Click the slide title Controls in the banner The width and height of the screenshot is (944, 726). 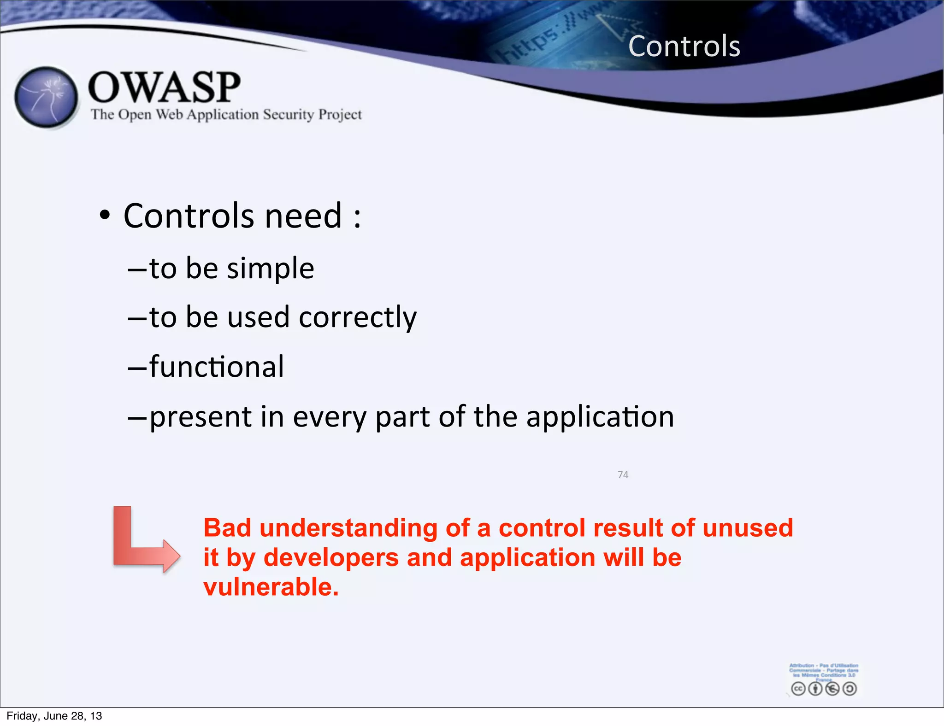(684, 47)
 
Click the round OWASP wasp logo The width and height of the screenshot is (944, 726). (46, 97)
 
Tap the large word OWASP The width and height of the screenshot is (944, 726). (164, 88)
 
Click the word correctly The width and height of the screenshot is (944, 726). (358, 318)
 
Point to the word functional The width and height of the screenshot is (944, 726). (217, 367)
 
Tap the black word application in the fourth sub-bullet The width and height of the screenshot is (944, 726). (600, 416)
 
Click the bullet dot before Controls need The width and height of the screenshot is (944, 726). (105, 215)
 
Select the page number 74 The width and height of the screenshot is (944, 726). (623, 475)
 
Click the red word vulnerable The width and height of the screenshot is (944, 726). (271, 587)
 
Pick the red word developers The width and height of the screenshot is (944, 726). (331, 558)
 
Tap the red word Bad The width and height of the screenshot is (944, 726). (227, 528)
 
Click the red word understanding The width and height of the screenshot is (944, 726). (348, 529)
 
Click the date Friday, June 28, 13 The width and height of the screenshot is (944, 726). (54, 716)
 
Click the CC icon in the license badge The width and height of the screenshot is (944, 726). (798, 689)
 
